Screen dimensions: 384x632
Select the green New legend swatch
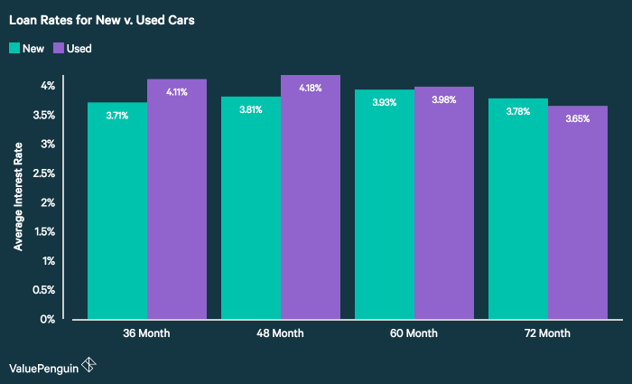tap(14, 48)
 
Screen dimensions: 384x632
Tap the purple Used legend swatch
tap(58, 48)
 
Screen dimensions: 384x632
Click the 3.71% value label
tap(117, 116)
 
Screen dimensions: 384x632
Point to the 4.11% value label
tap(177, 92)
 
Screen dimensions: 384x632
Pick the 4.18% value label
tap(311, 88)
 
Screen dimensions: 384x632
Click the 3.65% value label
tap(578, 118)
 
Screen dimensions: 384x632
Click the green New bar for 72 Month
tap(518, 212)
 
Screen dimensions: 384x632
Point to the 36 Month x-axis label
tap(146, 333)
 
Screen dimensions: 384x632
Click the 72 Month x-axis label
tap(548, 333)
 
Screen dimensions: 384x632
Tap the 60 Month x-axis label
tap(414, 333)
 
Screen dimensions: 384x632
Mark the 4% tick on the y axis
tap(47, 86)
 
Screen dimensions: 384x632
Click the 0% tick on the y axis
tap(47, 319)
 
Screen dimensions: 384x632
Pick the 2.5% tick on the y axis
tap(44, 173)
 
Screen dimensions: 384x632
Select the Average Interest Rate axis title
tap(17, 201)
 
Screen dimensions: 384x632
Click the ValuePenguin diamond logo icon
tap(88, 365)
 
